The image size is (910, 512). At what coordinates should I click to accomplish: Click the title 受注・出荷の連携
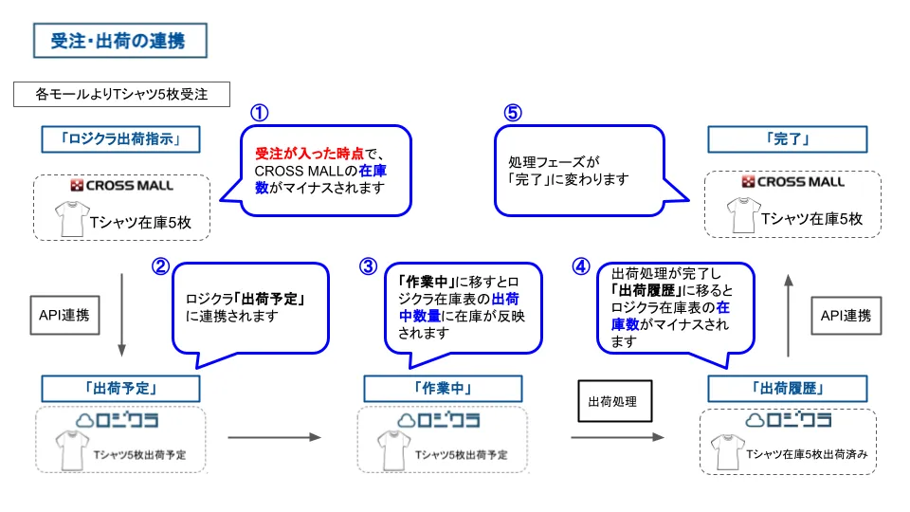(118, 41)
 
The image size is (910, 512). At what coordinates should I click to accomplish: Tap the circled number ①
(259, 112)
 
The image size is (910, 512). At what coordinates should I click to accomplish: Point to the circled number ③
(368, 266)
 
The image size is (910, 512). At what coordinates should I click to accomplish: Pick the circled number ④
(581, 266)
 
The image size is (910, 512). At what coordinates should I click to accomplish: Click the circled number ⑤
(512, 112)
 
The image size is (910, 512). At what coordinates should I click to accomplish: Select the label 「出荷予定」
(120, 388)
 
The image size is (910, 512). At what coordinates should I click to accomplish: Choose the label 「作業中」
(443, 388)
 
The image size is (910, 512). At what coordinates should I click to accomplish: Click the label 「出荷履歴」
(786, 388)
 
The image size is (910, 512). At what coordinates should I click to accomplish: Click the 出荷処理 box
(614, 401)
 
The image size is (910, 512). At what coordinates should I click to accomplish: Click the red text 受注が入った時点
(296, 153)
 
